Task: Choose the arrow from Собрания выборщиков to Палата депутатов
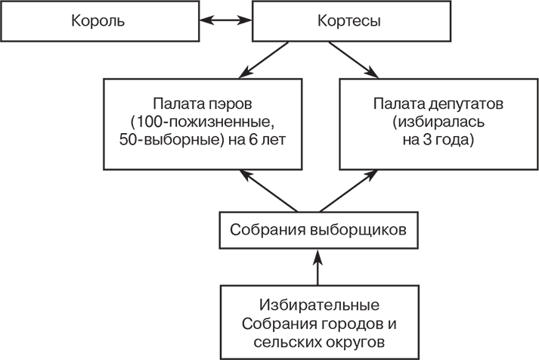348,192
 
